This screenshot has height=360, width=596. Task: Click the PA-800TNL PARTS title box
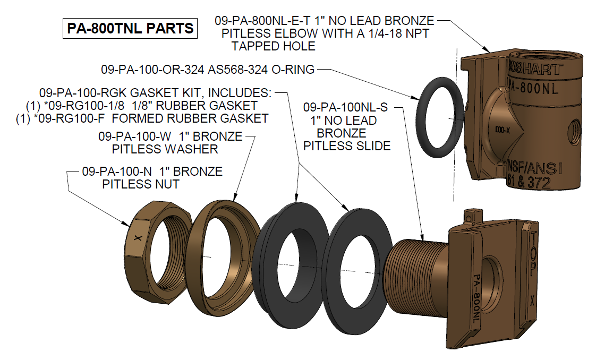(130, 29)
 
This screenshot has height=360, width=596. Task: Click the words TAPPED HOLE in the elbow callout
(274, 46)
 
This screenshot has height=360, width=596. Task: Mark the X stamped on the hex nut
(139, 238)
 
